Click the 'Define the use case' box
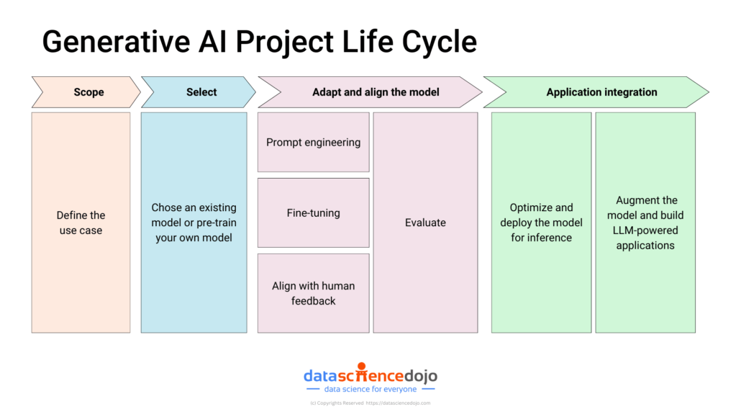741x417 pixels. pos(81,223)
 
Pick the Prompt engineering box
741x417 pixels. pos(314,143)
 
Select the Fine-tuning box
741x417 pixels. pos(314,213)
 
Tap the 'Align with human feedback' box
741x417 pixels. pos(314,293)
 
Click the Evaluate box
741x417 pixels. pos(425,223)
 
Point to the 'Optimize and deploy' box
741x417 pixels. pos(541,223)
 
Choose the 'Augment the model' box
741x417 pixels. pos(645,223)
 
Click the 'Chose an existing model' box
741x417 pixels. pos(194,223)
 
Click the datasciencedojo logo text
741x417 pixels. pos(370,376)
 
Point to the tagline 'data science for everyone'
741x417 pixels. pos(370,390)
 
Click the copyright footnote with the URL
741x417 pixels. pos(370,403)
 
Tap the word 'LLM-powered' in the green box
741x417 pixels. pos(645,230)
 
